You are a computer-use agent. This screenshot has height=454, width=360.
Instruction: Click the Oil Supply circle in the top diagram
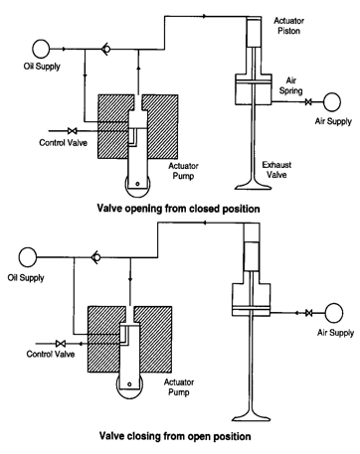tap(41, 49)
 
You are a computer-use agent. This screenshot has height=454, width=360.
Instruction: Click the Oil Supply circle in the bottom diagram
tap(28, 257)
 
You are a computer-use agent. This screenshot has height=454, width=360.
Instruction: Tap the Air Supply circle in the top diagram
tap(332, 102)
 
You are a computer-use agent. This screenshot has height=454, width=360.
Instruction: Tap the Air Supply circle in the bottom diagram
tap(334, 313)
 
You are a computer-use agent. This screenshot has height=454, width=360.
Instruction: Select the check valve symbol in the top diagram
tap(106, 49)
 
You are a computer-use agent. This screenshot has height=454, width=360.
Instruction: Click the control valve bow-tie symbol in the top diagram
tap(72, 131)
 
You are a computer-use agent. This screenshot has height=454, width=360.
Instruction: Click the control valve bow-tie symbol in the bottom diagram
tap(60, 343)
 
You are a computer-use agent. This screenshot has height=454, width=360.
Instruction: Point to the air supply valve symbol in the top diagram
tap(308, 102)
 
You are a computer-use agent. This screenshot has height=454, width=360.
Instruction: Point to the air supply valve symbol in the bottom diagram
tap(308, 313)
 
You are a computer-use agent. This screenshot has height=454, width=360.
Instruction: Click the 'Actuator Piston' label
tap(288, 26)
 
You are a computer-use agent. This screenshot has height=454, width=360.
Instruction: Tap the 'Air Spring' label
tap(290, 85)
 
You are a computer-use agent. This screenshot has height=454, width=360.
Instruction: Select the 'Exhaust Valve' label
tap(276, 170)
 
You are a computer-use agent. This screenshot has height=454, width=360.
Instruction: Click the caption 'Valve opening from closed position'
tap(178, 209)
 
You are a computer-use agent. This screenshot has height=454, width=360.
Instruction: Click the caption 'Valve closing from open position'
tap(175, 436)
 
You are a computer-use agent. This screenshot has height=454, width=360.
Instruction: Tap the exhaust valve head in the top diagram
tap(254, 184)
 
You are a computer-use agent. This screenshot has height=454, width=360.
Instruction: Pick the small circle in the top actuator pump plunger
tap(137, 184)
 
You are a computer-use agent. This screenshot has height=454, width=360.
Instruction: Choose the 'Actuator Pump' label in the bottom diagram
tap(179, 387)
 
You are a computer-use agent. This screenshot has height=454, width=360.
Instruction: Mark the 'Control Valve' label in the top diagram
tap(63, 143)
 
